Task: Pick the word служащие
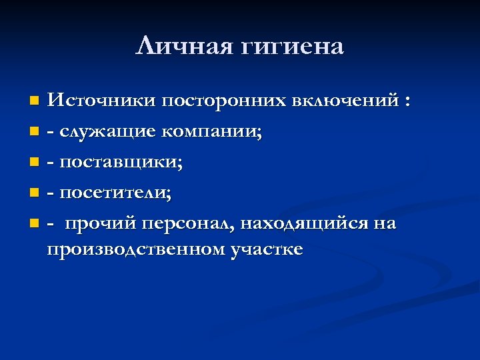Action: [x=107, y=132]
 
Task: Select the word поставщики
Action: [x=122, y=163]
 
